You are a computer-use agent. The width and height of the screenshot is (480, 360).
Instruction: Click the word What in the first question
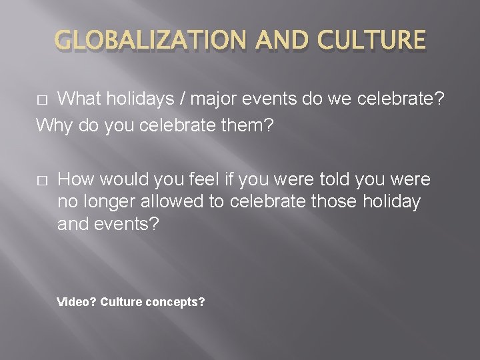(x=79, y=99)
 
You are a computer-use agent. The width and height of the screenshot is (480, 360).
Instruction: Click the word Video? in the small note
(x=77, y=302)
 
